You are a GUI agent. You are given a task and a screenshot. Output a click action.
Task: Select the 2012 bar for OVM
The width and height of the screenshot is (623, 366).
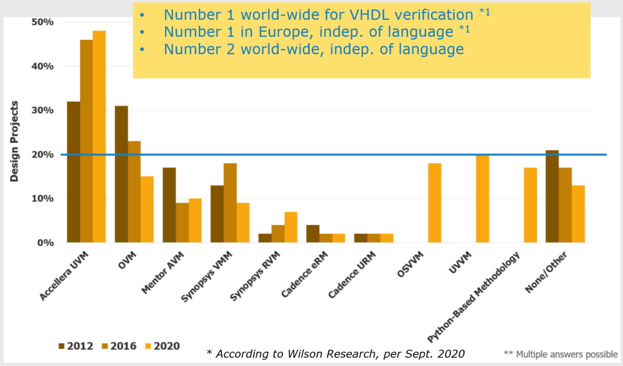coord(121,174)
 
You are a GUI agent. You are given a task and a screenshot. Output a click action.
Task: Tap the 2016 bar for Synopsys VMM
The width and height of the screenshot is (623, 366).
coord(230,203)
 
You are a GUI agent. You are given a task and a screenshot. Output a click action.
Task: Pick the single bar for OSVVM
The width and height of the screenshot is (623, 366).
coord(435,203)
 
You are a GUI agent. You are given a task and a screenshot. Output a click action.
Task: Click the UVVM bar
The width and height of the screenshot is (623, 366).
coord(482,199)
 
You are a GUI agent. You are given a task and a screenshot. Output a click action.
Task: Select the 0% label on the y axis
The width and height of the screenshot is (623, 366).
coord(45,242)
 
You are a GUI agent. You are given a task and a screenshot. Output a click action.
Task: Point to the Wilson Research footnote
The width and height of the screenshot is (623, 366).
coord(335,354)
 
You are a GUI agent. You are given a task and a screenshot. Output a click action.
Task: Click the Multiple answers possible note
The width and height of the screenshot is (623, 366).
coord(561,354)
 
